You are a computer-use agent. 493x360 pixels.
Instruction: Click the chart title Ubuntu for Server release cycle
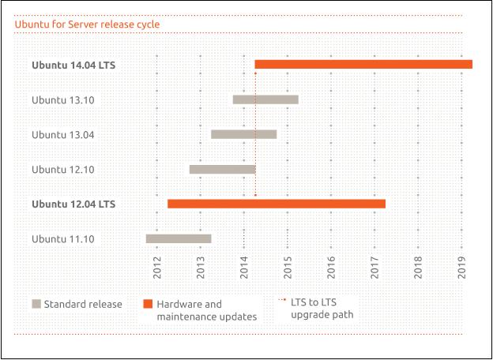[x=87, y=24]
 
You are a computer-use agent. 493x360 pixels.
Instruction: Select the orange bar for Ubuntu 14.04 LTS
[x=363, y=64]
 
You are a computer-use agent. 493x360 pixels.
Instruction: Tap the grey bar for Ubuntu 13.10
[x=265, y=99]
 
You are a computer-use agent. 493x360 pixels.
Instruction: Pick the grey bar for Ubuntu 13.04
[x=243, y=134]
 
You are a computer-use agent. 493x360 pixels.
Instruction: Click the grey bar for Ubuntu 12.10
[x=222, y=169]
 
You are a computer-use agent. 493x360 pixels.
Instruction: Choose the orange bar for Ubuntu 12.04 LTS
[x=277, y=204]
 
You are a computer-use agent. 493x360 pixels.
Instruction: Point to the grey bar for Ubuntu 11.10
[x=178, y=238]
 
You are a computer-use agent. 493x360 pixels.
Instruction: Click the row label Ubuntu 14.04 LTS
[x=73, y=65]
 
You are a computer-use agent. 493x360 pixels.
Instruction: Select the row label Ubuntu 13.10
[x=63, y=99]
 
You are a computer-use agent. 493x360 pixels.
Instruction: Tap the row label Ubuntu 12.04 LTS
[x=73, y=204]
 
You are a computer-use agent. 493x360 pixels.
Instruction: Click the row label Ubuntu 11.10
[x=63, y=238]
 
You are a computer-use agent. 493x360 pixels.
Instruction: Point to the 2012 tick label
[x=157, y=268]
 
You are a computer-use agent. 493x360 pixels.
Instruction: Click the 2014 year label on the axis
[x=244, y=268]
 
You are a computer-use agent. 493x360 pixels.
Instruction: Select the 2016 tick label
[x=331, y=268]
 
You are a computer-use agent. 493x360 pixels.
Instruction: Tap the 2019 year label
[x=462, y=268]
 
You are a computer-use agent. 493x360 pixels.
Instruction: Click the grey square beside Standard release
[x=36, y=304]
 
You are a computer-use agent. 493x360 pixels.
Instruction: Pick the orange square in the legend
[x=147, y=304]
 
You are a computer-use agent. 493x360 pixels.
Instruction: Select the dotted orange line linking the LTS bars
[x=255, y=134]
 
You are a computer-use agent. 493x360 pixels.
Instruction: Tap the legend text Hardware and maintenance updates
[x=206, y=310]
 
